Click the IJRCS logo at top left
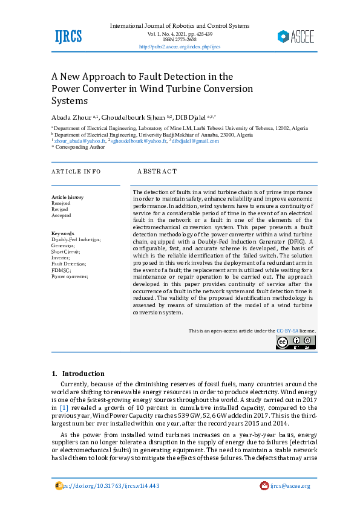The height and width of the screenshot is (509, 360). pos(68,36)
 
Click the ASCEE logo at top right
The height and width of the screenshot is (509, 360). pos(296,36)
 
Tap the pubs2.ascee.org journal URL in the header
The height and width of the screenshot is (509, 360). pos(179,47)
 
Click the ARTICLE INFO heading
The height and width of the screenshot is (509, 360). pos(76,172)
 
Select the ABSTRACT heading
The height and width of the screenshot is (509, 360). pos(157,172)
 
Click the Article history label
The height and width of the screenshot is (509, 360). pos(68,197)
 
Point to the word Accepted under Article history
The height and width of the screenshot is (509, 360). pos(61,215)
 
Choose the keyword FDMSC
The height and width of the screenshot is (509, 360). pos(61,270)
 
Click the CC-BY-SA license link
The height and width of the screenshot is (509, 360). pos(287,331)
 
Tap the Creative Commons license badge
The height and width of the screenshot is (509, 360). pos(296,342)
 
